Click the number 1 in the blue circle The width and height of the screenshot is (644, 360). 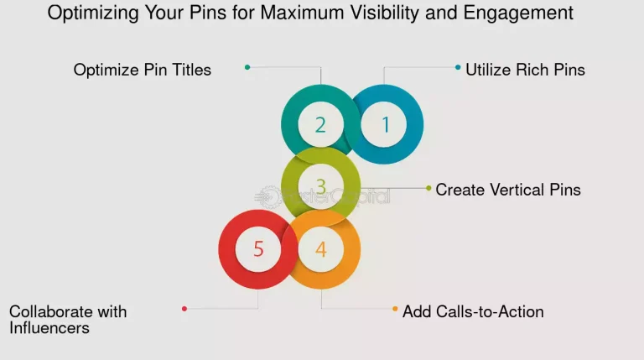pos(386,125)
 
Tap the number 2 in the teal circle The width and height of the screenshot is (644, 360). pos(320,125)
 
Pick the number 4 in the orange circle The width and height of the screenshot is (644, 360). pos(320,248)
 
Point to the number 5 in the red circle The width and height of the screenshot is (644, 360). pos(258,248)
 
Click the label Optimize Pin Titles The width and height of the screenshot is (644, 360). pos(143,70)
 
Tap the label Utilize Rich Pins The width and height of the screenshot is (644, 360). pos(525,70)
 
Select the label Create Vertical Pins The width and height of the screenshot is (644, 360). pos(508,190)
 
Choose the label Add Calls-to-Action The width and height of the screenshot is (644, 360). pos(473,311)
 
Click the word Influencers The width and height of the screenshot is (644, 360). pos(49,328)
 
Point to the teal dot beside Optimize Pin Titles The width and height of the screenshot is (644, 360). pos(247,67)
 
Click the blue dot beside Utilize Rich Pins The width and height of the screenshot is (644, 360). pos(458,67)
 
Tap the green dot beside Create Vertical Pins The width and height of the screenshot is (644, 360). pos(428,188)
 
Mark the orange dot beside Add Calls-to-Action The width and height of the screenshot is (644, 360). pos(395,309)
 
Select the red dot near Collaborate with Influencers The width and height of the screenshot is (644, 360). pos(184,309)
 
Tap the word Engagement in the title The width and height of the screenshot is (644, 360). pos(522,13)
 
